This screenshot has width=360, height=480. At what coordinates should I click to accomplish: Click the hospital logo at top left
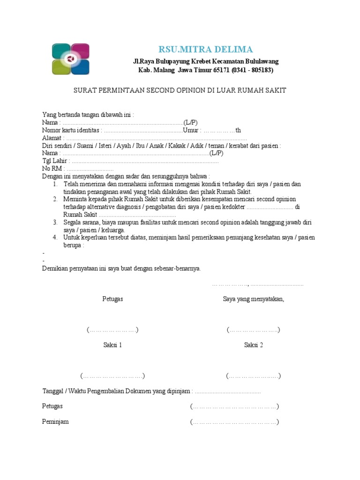coord(70,59)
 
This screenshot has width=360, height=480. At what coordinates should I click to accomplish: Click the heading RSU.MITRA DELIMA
coord(205,49)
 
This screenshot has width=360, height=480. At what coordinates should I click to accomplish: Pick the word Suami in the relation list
coord(85,145)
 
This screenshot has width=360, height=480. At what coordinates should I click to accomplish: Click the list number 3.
coord(55,222)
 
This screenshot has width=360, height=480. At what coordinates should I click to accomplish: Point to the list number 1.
coord(55,184)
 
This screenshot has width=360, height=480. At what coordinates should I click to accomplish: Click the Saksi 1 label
coord(112,345)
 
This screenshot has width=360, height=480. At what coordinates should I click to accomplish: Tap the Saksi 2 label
coord(254,345)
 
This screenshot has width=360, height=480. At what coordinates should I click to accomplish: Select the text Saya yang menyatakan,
coord(254,299)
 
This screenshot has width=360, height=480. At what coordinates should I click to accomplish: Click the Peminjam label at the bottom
coord(55,421)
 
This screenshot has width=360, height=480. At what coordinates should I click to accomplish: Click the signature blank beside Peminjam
coord(234,422)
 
